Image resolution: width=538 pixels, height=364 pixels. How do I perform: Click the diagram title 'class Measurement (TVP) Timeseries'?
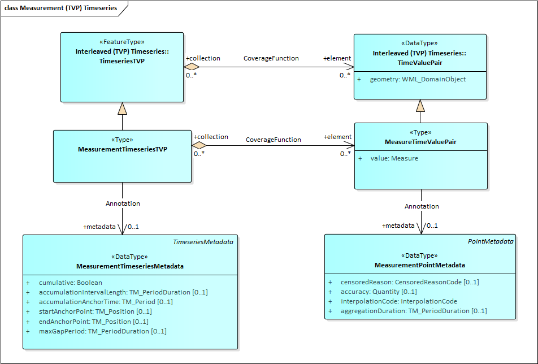pyautogui.click(x=61, y=8)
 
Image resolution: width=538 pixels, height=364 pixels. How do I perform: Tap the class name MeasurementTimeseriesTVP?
pyautogui.click(x=122, y=149)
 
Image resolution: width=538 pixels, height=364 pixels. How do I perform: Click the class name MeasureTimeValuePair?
pyautogui.click(x=420, y=142)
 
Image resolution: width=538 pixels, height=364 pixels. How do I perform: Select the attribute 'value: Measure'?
pyautogui.click(x=394, y=159)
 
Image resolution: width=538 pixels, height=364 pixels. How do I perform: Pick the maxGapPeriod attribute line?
pyautogui.click(x=102, y=331)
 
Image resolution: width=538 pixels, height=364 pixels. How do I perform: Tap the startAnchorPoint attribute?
pyautogui.click(x=95, y=311)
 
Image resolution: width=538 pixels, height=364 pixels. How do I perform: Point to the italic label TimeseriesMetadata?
pyautogui.click(x=203, y=242)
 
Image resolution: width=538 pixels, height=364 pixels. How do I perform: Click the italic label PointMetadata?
pyautogui.click(x=491, y=241)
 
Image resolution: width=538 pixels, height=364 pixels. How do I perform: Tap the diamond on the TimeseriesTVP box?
pyautogui.click(x=192, y=67)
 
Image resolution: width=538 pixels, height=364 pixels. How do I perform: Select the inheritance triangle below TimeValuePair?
pyautogui.click(x=420, y=106)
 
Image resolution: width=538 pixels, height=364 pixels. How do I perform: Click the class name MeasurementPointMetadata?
pyautogui.click(x=420, y=265)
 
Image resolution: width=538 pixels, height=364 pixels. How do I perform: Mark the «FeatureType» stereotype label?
pyautogui.click(x=122, y=42)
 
